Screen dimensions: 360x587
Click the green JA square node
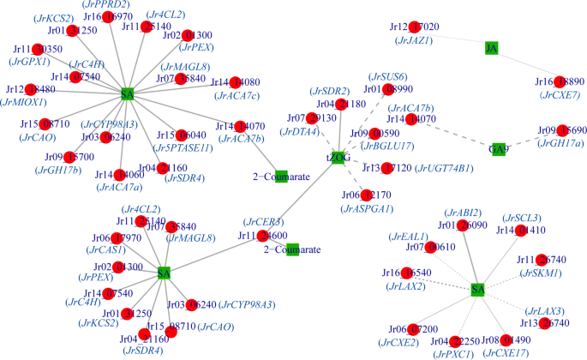coord(491,48)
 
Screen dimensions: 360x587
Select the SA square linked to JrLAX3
coord(478,291)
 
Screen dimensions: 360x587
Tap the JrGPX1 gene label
coord(27,63)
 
